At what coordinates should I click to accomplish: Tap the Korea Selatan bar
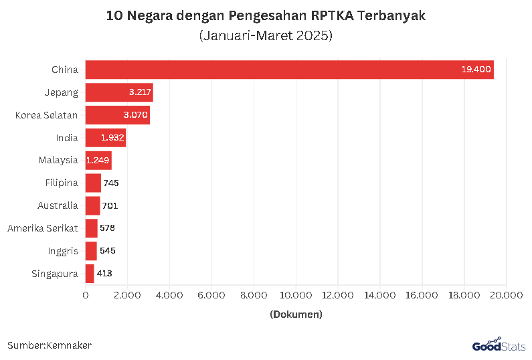117,115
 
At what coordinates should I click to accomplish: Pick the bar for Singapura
90,273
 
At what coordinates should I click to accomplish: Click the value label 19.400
476,69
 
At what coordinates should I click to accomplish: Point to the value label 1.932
112,138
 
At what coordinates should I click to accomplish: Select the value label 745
110,183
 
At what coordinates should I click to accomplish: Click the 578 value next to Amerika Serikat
107,228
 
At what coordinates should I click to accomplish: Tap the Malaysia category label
58,160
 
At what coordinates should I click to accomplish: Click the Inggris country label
63,251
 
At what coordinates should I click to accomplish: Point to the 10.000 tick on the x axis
295,294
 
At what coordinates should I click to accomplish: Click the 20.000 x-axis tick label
506,294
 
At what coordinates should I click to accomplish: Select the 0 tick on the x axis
86,294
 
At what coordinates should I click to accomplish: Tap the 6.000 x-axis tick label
211,294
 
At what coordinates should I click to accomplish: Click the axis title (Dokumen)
296,314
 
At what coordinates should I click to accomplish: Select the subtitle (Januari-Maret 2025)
266,35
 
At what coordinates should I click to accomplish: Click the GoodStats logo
498,345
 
